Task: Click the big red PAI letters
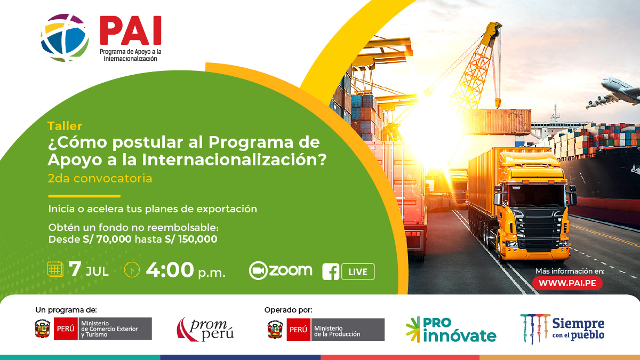(130, 31)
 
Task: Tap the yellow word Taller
(65, 126)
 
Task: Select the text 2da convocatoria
(100, 178)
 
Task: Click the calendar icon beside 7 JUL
(55, 269)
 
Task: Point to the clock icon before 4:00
(132, 270)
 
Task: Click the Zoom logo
(281, 270)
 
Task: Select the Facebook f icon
(331, 272)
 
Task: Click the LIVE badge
(357, 271)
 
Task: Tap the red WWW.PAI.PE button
(567, 283)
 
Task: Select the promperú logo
(205, 329)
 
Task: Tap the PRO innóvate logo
(451, 329)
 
